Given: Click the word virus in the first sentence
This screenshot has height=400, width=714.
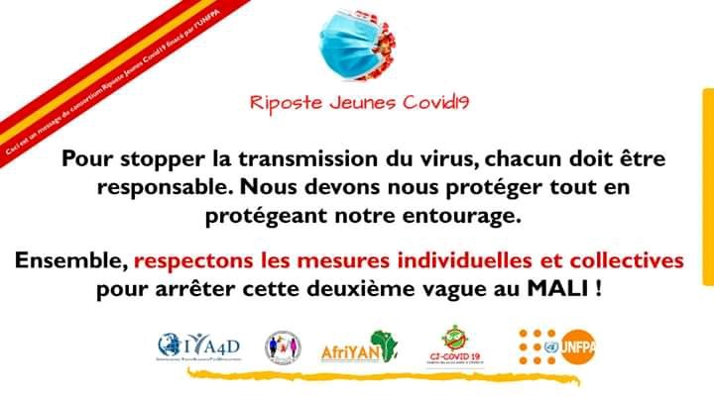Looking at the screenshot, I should pos(434,158).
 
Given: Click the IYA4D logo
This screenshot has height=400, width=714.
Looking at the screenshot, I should pos(198,347).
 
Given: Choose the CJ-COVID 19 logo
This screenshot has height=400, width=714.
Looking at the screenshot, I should pos(456,348).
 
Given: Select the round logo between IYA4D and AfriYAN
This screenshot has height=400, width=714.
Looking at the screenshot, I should pos(283,347).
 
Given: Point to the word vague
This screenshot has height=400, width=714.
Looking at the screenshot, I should pos(477,291).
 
